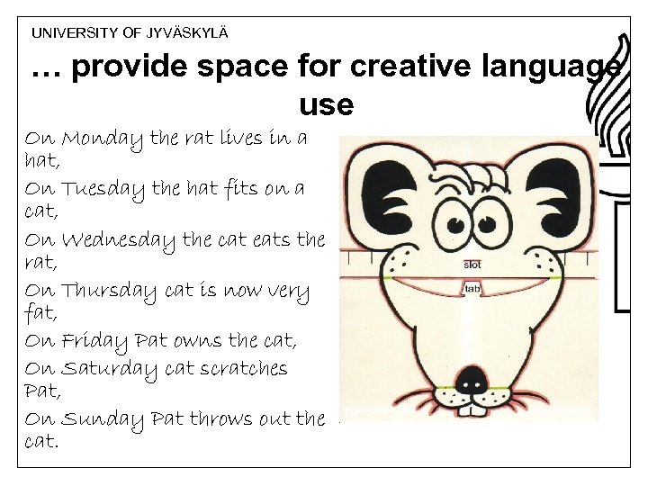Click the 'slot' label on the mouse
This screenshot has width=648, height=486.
click(x=472, y=265)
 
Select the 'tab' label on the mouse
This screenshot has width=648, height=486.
click(x=471, y=290)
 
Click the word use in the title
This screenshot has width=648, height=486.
click(x=326, y=105)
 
